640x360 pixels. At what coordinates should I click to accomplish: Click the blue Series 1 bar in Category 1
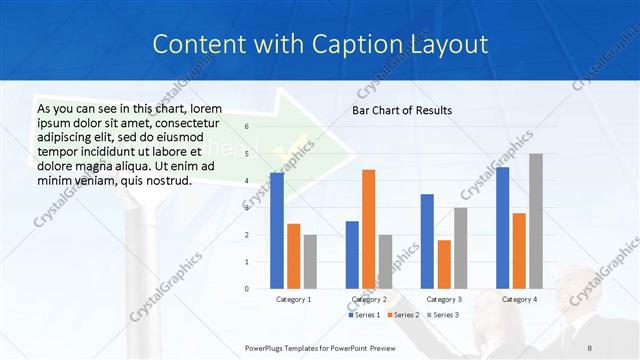click(x=277, y=231)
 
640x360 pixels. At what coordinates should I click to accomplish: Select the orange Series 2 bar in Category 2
click(x=369, y=229)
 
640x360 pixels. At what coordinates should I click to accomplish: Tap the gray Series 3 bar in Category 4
click(x=536, y=221)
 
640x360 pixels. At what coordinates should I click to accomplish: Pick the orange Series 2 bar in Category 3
click(x=444, y=264)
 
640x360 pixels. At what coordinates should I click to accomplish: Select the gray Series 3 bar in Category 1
click(x=310, y=262)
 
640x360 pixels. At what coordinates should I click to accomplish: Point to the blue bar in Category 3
click(x=427, y=241)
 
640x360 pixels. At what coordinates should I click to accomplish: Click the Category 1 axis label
click(x=293, y=299)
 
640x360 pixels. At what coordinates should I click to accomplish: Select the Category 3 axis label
click(x=444, y=299)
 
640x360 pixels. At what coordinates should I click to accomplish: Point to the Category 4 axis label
click(x=519, y=299)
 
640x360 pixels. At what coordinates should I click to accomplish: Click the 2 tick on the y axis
click(x=247, y=235)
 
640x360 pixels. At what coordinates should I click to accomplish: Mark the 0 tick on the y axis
click(x=247, y=289)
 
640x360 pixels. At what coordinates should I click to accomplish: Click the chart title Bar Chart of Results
click(x=402, y=110)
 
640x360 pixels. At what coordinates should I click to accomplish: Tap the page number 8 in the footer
click(x=589, y=345)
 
